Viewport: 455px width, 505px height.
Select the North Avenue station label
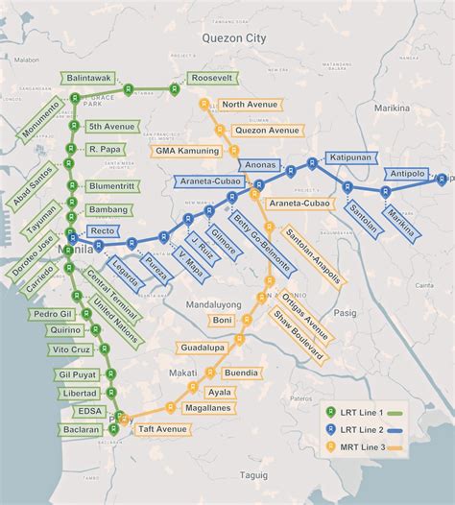point(248,104)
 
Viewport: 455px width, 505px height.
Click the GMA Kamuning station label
point(187,151)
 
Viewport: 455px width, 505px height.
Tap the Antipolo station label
point(409,174)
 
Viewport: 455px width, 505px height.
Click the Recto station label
point(102,231)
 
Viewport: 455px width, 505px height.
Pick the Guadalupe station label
point(200,347)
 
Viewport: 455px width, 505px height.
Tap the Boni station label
point(222,320)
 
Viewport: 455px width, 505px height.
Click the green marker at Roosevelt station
point(174,89)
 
